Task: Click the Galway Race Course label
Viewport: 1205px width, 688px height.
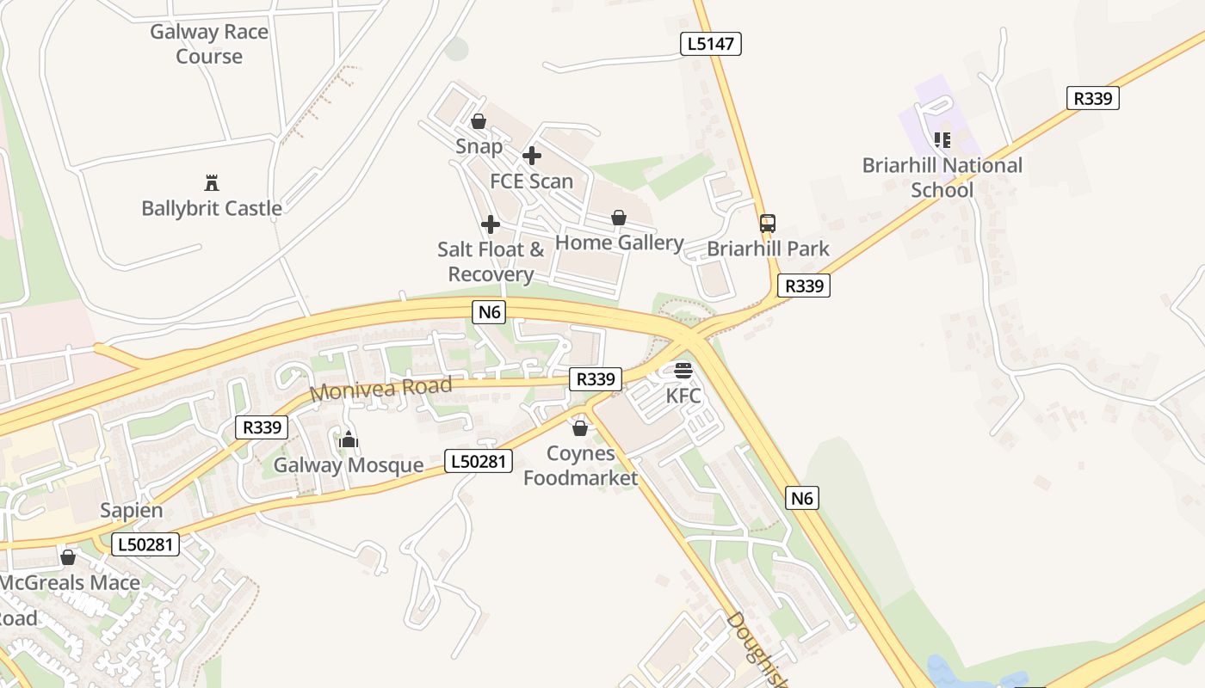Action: [209, 44]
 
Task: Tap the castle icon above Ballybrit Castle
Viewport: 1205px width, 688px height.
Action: [212, 182]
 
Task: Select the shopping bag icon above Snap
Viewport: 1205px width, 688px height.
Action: [479, 121]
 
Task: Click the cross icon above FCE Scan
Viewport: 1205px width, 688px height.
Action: [532, 156]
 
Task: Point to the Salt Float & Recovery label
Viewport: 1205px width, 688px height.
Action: [491, 261]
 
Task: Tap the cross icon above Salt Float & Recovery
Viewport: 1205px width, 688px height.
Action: [491, 224]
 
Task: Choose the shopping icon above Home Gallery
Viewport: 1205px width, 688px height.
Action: [618, 218]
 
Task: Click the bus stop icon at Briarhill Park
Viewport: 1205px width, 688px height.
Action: [768, 224]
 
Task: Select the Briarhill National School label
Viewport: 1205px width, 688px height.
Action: [942, 177]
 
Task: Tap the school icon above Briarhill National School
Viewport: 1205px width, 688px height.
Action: [942, 139]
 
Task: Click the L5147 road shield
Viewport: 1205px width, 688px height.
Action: [712, 44]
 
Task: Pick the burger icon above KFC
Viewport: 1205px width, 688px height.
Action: [683, 371]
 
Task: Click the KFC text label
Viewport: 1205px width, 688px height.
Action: [683, 396]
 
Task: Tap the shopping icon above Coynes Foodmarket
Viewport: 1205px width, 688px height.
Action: [580, 427]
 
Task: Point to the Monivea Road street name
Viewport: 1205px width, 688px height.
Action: [380, 389]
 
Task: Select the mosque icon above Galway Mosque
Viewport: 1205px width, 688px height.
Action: [349, 439]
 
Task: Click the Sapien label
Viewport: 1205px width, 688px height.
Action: [131, 510]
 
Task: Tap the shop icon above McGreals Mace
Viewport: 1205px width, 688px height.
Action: [68, 557]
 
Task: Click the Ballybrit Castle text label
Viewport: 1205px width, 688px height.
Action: [212, 208]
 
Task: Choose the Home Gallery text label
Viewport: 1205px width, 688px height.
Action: [619, 243]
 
